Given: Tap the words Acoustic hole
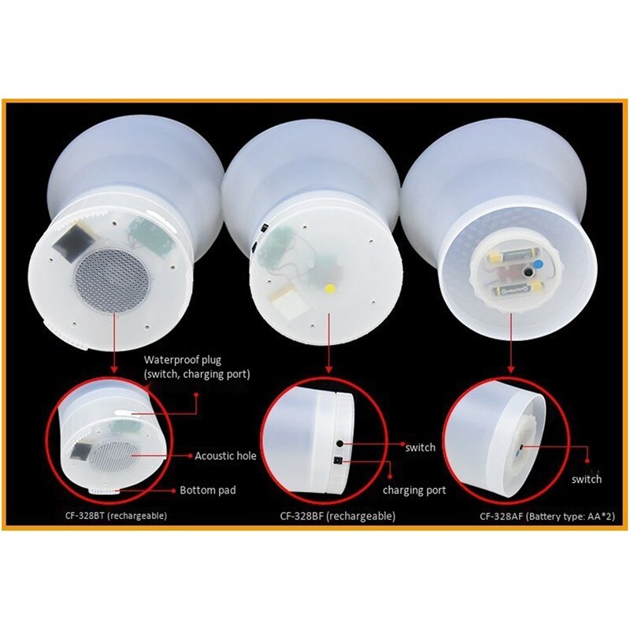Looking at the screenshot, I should [x=225, y=455].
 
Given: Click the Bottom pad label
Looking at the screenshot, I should [x=208, y=490].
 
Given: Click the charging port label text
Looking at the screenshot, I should [x=414, y=490].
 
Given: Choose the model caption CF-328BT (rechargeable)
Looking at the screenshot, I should [x=116, y=517].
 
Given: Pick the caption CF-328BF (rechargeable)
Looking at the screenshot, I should [x=338, y=517].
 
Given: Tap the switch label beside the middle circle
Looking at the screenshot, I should [x=420, y=447].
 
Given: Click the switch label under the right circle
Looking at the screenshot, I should [x=587, y=479].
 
